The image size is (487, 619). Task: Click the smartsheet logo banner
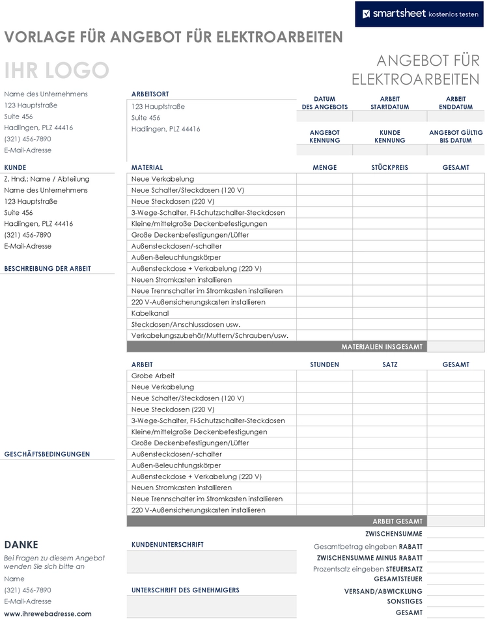tap(419, 13)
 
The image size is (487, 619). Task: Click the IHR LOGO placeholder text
tap(56, 70)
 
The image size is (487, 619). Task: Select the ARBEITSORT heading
tap(150, 94)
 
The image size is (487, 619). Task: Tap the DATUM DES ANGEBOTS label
tap(324, 103)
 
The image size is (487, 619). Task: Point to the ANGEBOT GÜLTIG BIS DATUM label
tap(456, 136)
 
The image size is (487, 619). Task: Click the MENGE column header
tap(324, 167)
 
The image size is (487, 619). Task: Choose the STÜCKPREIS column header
tap(389, 167)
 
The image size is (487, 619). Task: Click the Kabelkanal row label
tap(150, 313)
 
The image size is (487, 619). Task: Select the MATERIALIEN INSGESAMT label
tap(382, 347)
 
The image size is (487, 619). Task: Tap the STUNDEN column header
tap(324, 365)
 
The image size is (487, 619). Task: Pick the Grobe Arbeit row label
tap(153, 376)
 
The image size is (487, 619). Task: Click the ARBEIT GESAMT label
tap(397, 521)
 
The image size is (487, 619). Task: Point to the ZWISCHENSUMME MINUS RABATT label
tap(369, 558)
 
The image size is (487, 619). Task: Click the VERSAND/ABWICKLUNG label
tap(383, 591)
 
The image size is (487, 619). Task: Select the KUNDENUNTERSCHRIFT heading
tap(167, 544)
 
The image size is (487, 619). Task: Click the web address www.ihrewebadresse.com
tap(48, 613)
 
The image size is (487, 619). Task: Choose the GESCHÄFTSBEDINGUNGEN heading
tap(47, 454)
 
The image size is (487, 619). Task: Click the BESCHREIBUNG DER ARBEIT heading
tap(48, 268)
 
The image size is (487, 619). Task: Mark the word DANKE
tap(21, 545)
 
